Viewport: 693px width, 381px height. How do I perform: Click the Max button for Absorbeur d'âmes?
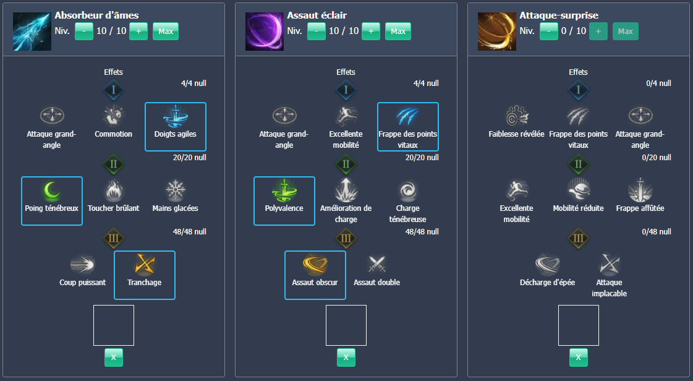tap(165, 31)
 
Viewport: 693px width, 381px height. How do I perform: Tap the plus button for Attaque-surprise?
tap(598, 31)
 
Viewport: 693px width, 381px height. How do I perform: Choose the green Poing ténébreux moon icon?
tap(52, 190)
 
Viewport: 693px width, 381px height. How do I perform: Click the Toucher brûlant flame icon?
tap(113, 190)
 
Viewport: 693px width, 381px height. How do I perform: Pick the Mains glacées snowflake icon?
tap(175, 190)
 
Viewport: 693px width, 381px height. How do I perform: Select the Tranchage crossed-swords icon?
tap(144, 264)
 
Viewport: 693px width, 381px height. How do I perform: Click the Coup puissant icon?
tap(83, 264)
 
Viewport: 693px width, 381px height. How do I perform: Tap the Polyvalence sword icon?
tap(284, 190)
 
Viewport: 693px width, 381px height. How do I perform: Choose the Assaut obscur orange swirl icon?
tap(315, 264)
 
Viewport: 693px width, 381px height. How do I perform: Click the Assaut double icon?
tap(376, 264)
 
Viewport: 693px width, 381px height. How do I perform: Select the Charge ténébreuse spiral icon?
tap(407, 190)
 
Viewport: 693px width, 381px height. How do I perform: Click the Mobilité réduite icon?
tap(578, 190)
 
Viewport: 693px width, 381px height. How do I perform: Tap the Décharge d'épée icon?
tap(548, 264)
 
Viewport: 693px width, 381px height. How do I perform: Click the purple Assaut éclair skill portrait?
tap(264, 31)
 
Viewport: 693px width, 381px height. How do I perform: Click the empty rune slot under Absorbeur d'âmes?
tap(113, 325)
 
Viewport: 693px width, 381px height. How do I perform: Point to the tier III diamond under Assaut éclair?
tap(346, 238)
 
